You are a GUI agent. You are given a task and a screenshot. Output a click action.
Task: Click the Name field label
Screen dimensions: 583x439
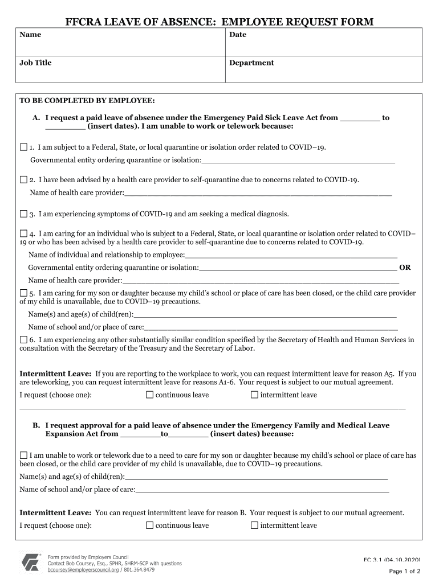[30, 35]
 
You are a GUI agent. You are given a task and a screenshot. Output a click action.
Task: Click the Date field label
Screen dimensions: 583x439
[238, 35]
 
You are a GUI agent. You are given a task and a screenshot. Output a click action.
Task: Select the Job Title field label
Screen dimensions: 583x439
[35, 63]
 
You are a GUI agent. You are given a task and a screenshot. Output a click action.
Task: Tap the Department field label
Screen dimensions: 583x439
[251, 63]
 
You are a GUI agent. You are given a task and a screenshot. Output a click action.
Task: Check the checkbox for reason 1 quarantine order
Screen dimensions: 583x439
[23, 147]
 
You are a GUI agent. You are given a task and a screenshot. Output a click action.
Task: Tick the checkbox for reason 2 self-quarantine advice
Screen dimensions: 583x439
[23, 179]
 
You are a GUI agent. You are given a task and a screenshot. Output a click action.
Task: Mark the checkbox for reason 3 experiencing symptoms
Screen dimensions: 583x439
[23, 214]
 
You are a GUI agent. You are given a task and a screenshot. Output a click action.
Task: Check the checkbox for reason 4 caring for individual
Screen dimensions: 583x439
[23, 233]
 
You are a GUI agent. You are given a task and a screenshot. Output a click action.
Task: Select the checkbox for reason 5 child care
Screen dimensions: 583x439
[23, 293]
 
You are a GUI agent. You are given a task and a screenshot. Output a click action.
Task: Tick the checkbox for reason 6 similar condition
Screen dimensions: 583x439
[23, 340]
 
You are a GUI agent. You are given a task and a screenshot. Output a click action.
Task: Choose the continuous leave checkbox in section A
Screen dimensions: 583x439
[150, 395]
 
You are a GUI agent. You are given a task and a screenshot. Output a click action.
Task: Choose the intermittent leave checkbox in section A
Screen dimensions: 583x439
[255, 395]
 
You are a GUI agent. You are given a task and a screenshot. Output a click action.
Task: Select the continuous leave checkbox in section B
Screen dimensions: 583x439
[150, 525]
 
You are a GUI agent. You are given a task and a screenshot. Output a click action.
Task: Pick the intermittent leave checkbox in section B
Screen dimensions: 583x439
[255, 525]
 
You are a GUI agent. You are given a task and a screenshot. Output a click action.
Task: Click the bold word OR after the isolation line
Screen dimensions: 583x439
[405, 267]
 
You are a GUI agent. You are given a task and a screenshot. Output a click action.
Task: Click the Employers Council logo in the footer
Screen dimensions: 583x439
[31, 563]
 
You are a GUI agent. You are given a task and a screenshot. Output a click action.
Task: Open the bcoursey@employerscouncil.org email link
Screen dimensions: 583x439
[83, 569]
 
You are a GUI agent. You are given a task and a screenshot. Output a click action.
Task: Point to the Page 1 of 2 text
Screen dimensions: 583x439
[404, 571]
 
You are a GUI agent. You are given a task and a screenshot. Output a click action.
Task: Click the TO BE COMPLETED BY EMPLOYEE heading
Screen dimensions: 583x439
[87, 100]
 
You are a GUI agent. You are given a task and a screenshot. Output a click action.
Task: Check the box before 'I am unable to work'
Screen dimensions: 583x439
[23, 455]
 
